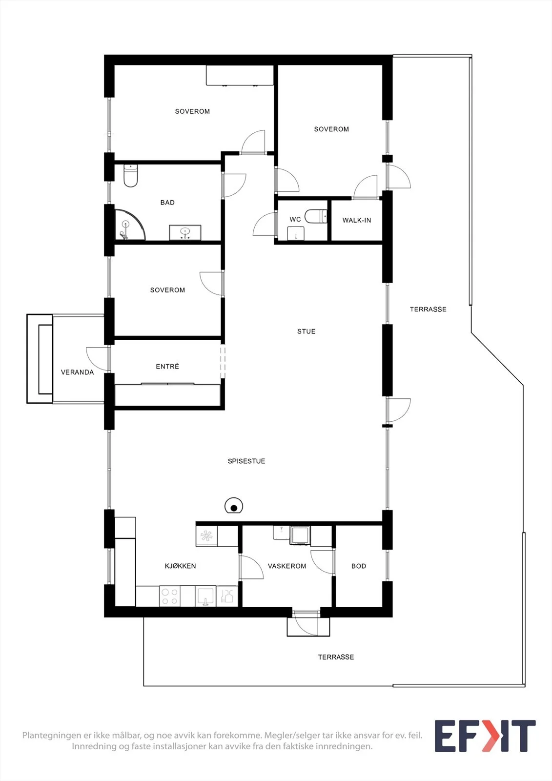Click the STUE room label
[x=306, y=331]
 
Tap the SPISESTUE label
[x=246, y=461]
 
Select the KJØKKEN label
[x=180, y=566]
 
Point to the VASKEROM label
[x=287, y=566]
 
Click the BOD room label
[x=359, y=566]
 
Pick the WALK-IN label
[x=357, y=220]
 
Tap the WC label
[x=295, y=219]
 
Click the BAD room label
[x=167, y=203]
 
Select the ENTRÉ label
[x=167, y=366]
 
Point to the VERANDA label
[x=78, y=372]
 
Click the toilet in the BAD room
[x=131, y=176]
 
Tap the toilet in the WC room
[x=316, y=216]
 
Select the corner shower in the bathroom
[x=129, y=225]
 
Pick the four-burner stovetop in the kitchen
[x=170, y=596]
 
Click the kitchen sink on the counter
[x=205, y=596]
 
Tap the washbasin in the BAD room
[x=185, y=232]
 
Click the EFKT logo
[x=485, y=736]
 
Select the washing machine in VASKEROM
[x=300, y=535]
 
